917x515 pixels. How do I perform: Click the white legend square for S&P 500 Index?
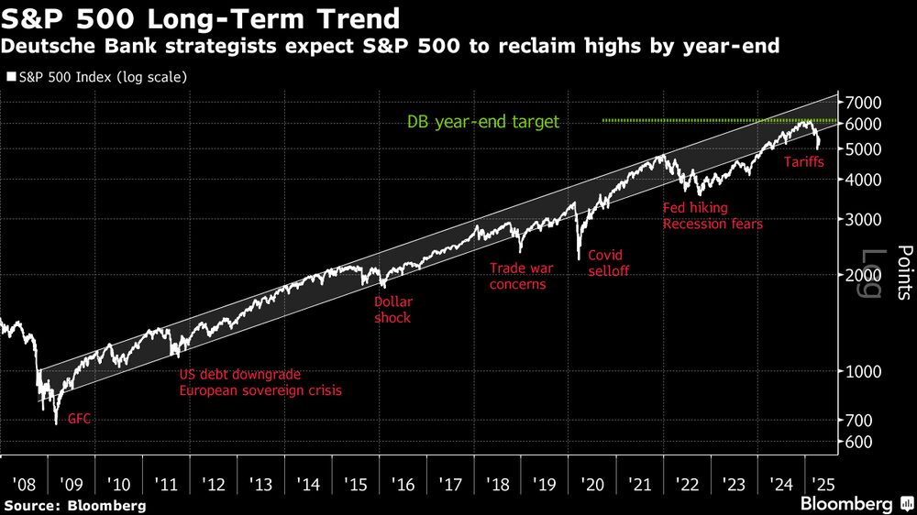pos(10,77)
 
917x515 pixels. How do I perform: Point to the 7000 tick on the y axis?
pos(864,102)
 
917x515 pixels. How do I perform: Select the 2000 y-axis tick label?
pos(864,275)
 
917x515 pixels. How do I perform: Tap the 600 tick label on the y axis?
pos(860,442)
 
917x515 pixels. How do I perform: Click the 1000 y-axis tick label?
pos(864,371)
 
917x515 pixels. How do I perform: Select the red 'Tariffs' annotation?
pos(804,162)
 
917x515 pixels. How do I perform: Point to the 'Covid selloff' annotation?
pos(608,262)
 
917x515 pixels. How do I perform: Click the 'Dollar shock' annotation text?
pos(392,309)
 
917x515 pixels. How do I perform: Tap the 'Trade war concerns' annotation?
pos(518,276)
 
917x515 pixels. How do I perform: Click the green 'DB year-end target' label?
pos(482,122)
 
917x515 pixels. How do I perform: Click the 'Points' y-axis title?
pos(902,272)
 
